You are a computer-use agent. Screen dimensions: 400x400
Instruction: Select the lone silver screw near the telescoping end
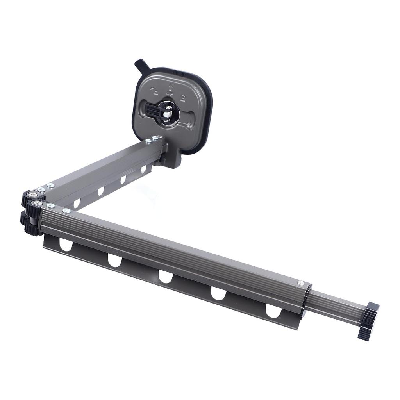click(300, 283)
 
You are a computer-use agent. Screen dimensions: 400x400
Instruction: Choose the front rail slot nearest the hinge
click(66, 245)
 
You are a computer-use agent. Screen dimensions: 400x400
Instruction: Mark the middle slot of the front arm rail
click(166, 277)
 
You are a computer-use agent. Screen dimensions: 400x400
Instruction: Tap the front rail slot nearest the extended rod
click(273, 311)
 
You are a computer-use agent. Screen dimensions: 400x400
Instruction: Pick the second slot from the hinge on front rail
click(115, 261)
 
